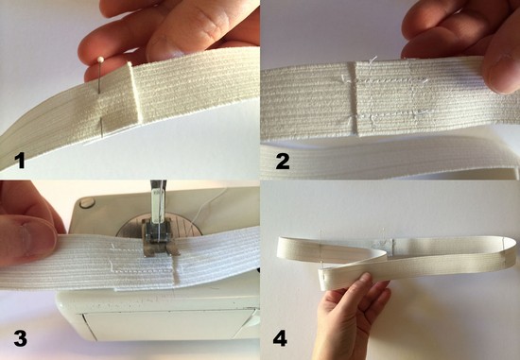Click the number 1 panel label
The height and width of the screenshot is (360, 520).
point(21,161)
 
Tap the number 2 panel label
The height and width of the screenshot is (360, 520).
point(283,162)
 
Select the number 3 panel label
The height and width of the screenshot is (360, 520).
point(21,338)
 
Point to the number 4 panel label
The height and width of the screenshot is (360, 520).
point(280,338)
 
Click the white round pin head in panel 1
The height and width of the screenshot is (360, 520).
point(100,60)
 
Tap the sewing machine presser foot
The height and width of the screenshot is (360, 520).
point(157,237)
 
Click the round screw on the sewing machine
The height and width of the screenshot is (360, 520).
point(87,202)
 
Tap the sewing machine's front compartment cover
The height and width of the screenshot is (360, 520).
point(169,324)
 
